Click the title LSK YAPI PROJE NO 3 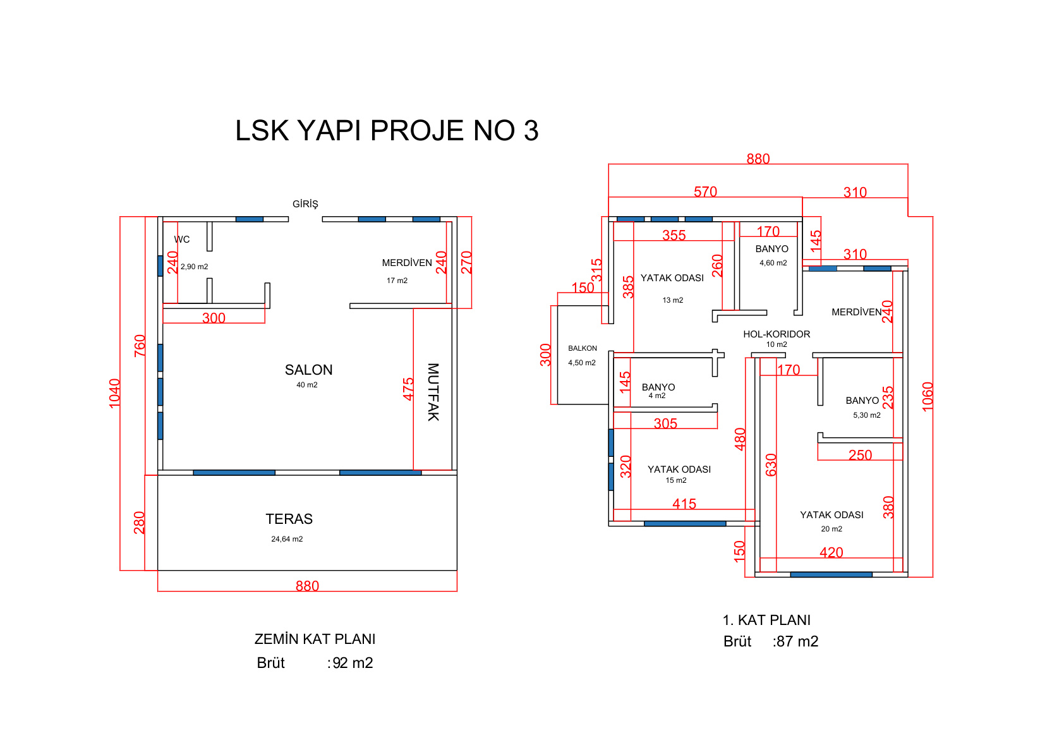tap(387, 131)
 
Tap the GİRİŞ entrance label tap(305, 203)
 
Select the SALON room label tap(309, 370)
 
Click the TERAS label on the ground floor tap(289, 519)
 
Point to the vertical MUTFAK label tap(433, 392)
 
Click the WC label tap(182, 240)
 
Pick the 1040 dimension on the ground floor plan tap(114, 393)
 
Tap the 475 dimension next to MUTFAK tap(408, 389)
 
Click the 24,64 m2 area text tap(287, 539)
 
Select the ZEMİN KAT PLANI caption tap(315, 640)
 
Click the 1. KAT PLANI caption tap(766, 621)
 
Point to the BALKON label tap(583, 348)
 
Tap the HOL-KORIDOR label tap(777, 334)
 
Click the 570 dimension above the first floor tap(705, 191)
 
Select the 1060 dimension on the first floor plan tap(928, 397)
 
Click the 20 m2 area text tap(831, 529)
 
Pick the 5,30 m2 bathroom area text tap(867, 415)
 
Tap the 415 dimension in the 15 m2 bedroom tap(684, 504)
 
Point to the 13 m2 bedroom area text tap(673, 300)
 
